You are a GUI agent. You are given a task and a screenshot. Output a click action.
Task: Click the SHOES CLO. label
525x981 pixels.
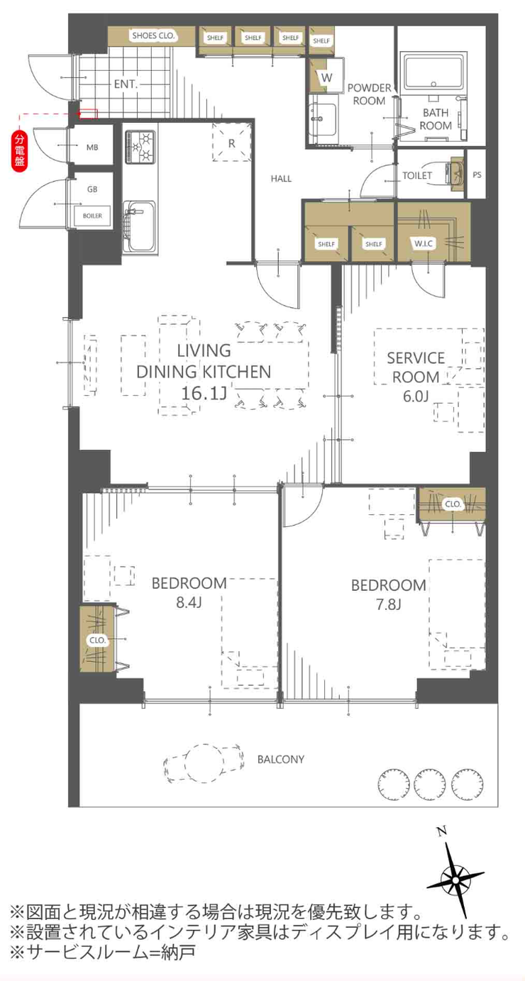153,36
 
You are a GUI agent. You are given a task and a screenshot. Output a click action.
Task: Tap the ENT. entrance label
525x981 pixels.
126,84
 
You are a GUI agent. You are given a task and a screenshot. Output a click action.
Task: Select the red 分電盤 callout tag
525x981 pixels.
20,151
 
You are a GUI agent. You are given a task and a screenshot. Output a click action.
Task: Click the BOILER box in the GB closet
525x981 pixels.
92,216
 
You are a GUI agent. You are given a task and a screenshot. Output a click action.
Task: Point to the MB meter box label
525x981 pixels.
92,148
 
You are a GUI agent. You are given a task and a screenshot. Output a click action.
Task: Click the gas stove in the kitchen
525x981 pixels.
140,147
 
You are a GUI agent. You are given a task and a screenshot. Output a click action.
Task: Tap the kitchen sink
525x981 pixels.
139,227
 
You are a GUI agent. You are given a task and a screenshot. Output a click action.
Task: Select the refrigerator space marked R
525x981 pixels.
232,143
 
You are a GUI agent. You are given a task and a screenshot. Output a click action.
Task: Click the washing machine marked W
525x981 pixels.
326,78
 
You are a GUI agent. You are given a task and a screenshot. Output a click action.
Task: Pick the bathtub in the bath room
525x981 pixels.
434,72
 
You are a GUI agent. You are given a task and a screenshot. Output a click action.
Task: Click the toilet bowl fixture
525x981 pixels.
454,175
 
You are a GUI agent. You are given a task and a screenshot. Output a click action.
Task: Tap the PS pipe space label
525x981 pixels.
477,174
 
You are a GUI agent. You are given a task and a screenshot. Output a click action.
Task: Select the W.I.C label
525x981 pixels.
424,243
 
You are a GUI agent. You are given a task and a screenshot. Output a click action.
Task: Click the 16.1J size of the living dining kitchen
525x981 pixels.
204,393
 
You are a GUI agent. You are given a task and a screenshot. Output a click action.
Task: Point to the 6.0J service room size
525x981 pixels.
416,397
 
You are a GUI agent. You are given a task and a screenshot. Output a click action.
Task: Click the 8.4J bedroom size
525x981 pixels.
189,603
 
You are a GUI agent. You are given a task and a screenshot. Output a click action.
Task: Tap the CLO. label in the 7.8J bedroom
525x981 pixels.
453,504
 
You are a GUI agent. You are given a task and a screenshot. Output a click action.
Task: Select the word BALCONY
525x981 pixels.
281,759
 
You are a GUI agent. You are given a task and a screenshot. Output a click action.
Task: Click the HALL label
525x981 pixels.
281,179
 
